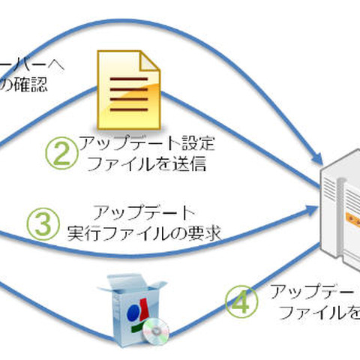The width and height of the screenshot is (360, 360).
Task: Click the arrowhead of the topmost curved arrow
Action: coord(321,160)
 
